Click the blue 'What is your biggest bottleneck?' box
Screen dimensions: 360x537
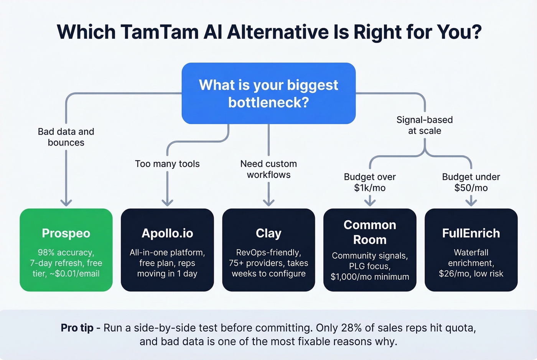pyautogui.click(x=268, y=94)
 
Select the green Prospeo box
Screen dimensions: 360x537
pyautogui.click(x=66, y=250)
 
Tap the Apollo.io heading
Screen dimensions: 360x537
pyautogui.click(x=167, y=233)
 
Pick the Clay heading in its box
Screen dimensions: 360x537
pyautogui.click(x=268, y=233)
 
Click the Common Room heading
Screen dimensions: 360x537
pyautogui.click(x=370, y=232)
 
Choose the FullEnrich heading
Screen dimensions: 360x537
pyautogui.click(x=471, y=233)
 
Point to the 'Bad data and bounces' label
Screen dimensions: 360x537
pyautogui.click(x=66, y=137)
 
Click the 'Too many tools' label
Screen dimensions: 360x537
pyautogui.click(x=167, y=164)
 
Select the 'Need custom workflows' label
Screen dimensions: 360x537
pyautogui.click(x=268, y=169)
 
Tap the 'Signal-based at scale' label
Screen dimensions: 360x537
pyautogui.click(x=425, y=125)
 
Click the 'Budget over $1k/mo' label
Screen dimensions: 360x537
pyautogui.click(x=370, y=182)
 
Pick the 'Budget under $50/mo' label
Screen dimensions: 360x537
pyautogui.click(x=471, y=182)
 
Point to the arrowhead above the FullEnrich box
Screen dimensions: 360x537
pyautogui.click(x=471, y=202)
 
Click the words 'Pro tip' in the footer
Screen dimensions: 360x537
pyautogui.click(x=77, y=328)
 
